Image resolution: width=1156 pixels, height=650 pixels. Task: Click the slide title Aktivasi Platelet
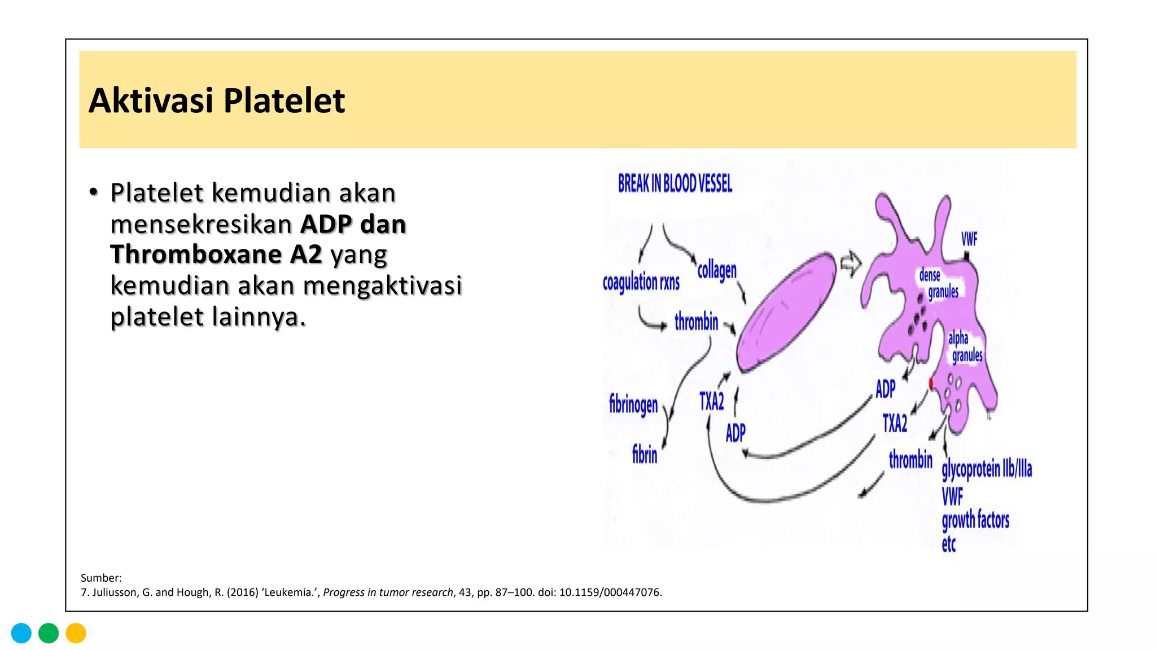pos(217,101)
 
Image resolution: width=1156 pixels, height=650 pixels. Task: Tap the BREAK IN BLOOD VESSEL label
pos(675,183)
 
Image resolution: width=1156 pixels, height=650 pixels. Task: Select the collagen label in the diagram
pos(717,271)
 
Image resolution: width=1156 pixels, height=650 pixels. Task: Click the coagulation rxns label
pos(641,282)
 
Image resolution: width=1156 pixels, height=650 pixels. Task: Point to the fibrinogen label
pos(633,405)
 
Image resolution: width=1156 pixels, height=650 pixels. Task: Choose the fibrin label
pos(645,454)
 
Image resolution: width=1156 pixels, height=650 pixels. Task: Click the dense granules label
pos(938,283)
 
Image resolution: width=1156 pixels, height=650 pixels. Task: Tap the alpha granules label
pos(965,346)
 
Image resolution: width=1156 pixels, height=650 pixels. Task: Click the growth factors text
pos(975,520)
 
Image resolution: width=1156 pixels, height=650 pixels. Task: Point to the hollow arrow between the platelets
pos(851,263)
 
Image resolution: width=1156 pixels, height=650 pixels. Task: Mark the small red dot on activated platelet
pos(931,384)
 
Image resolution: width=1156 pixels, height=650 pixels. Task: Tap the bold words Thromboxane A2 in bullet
pos(216,254)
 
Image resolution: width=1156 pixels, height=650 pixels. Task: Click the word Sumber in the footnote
pos(100,578)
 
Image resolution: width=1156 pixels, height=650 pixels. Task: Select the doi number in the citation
pos(610,592)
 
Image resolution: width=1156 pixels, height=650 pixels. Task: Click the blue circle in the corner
pos(21,633)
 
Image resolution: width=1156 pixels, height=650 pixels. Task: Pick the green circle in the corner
pos(49,633)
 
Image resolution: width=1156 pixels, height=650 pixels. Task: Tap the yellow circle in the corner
pos(76,633)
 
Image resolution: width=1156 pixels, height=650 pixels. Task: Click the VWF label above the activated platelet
pos(969,239)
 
